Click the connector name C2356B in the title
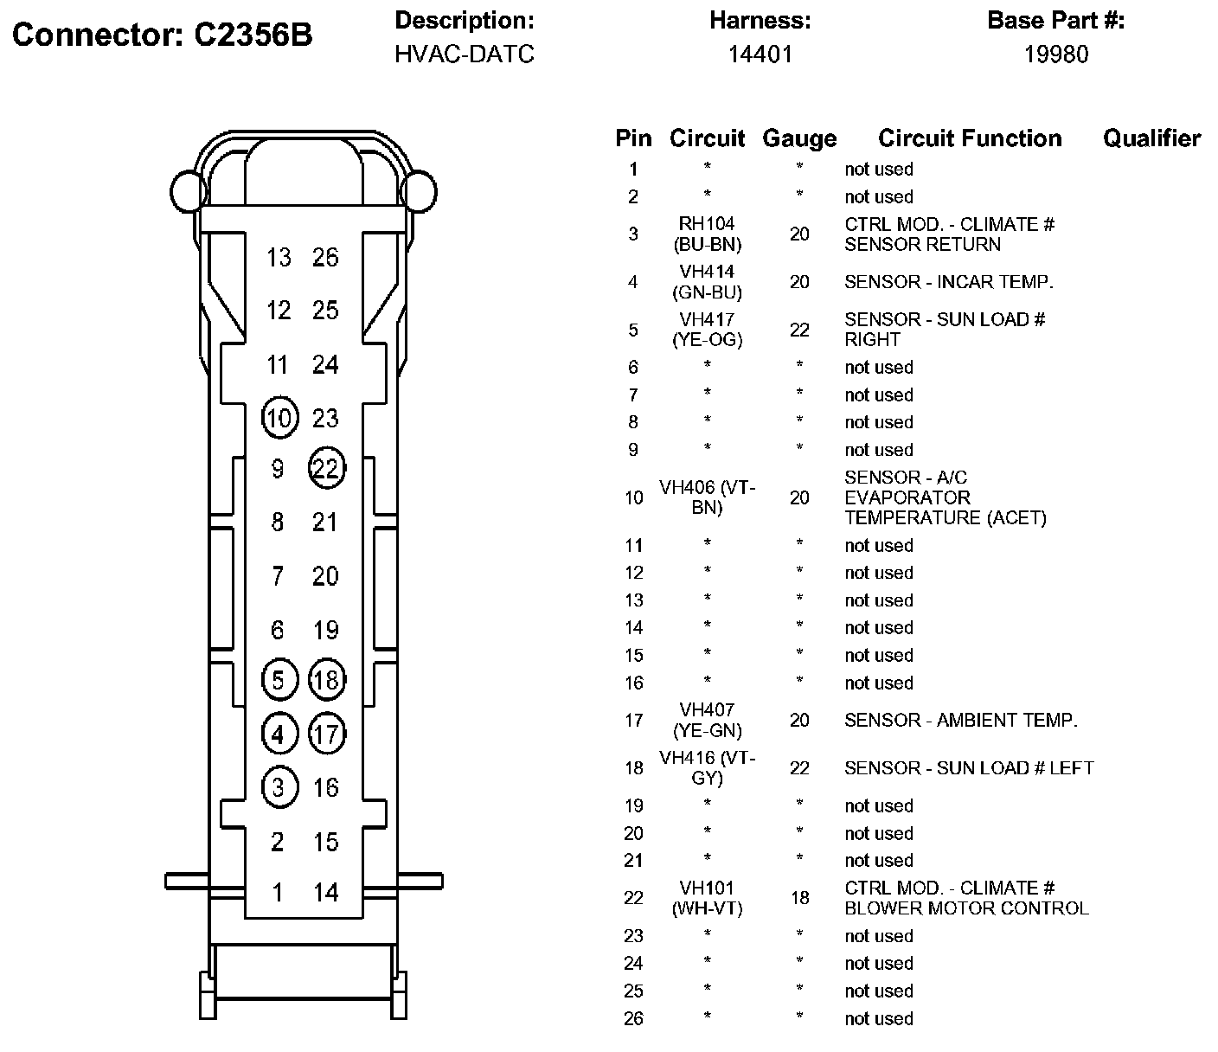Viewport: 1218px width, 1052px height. [253, 35]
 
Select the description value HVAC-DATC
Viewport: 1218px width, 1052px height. [465, 55]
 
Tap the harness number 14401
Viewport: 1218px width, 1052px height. [760, 55]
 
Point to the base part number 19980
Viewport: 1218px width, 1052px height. [1056, 55]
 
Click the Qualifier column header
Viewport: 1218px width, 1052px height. [1152, 138]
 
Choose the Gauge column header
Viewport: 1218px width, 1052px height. [799, 138]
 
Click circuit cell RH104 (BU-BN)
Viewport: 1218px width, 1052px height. [707, 234]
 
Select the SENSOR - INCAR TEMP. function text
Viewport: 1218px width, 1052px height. [949, 282]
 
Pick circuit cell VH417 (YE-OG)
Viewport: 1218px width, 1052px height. [707, 330]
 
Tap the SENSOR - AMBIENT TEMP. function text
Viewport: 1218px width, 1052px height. [961, 720]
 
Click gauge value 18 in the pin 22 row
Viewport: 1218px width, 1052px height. [799, 898]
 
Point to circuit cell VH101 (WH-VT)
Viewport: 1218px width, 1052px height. [707, 898]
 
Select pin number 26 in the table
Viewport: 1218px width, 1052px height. [633, 1018]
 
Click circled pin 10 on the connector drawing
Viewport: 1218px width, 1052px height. [280, 418]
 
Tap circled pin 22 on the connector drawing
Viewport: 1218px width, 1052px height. [326, 468]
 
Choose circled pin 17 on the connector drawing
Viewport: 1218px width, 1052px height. [326, 734]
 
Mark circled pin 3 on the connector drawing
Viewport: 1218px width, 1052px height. [280, 787]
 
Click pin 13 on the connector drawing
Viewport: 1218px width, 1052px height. [279, 258]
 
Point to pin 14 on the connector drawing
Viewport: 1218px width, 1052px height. [326, 892]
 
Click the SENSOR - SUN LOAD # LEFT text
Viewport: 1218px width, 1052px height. [970, 768]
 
